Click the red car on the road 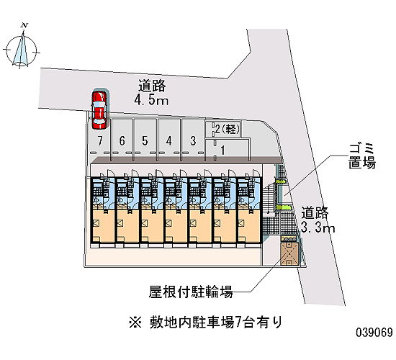[99, 110]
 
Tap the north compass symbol [21, 48]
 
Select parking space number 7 [100, 140]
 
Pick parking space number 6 [122, 140]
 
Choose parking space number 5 [145, 140]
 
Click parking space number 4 [169, 140]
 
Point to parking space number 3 [193, 140]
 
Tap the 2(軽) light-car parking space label [227, 130]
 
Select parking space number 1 [222, 150]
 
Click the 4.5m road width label [151, 101]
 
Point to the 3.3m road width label [318, 228]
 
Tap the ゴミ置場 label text [361, 156]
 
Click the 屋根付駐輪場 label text [190, 292]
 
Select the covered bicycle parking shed [289, 251]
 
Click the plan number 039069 [374, 332]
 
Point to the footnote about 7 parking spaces [205, 323]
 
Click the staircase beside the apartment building [269, 198]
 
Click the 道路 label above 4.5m [152, 86]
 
